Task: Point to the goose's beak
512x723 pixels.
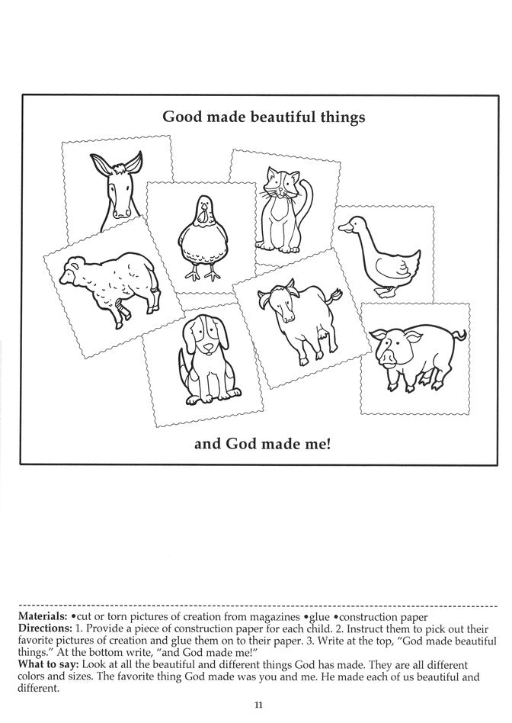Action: point(345,226)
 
